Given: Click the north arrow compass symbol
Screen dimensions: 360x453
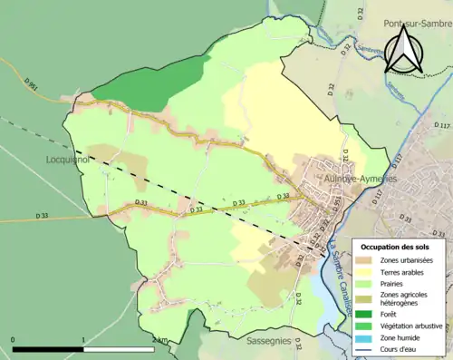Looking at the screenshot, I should tap(405, 49).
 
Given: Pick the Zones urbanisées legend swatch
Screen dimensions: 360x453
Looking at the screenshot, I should tap(371, 261).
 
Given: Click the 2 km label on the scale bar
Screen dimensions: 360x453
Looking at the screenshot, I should tap(160, 340).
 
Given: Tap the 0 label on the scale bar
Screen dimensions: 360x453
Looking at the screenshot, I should tap(14, 340).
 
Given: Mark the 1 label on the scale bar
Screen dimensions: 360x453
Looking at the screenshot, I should tap(84, 340).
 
